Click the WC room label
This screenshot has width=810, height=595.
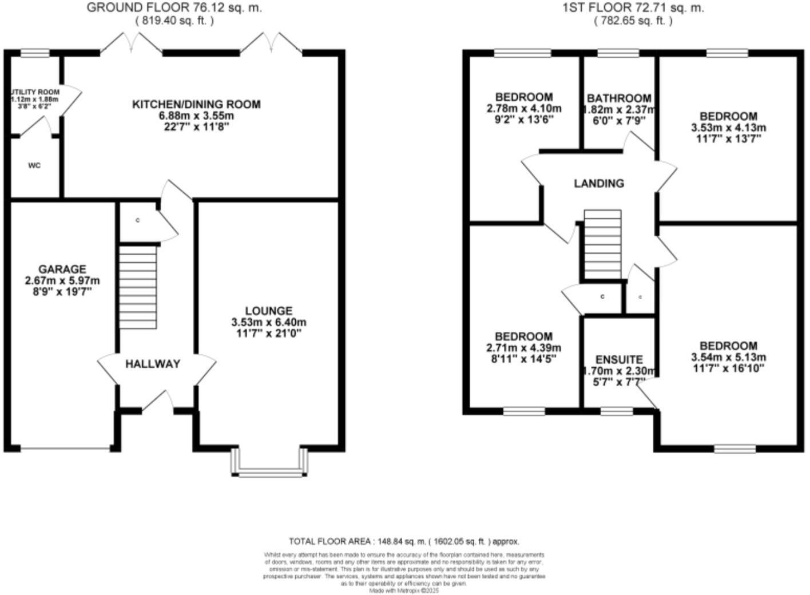click(x=34, y=166)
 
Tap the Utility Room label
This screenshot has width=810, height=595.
click(x=35, y=92)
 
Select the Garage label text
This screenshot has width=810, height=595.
click(x=62, y=269)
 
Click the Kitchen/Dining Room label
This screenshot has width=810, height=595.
click(x=196, y=105)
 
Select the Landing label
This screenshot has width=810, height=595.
click(x=599, y=184)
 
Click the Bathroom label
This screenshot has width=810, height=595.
click(x=619, y=98)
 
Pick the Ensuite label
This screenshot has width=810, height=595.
click(x=619, y=359)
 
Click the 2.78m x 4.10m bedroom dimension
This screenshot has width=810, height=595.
click(x=524, y=109)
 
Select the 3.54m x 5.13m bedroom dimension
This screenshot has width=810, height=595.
click(x=729, y=358)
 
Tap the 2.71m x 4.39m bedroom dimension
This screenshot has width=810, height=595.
click(x=523, y=348)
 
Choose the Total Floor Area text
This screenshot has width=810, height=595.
click(x=404, y=541)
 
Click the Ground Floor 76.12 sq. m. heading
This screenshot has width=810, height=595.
click(x=174, y=8)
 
